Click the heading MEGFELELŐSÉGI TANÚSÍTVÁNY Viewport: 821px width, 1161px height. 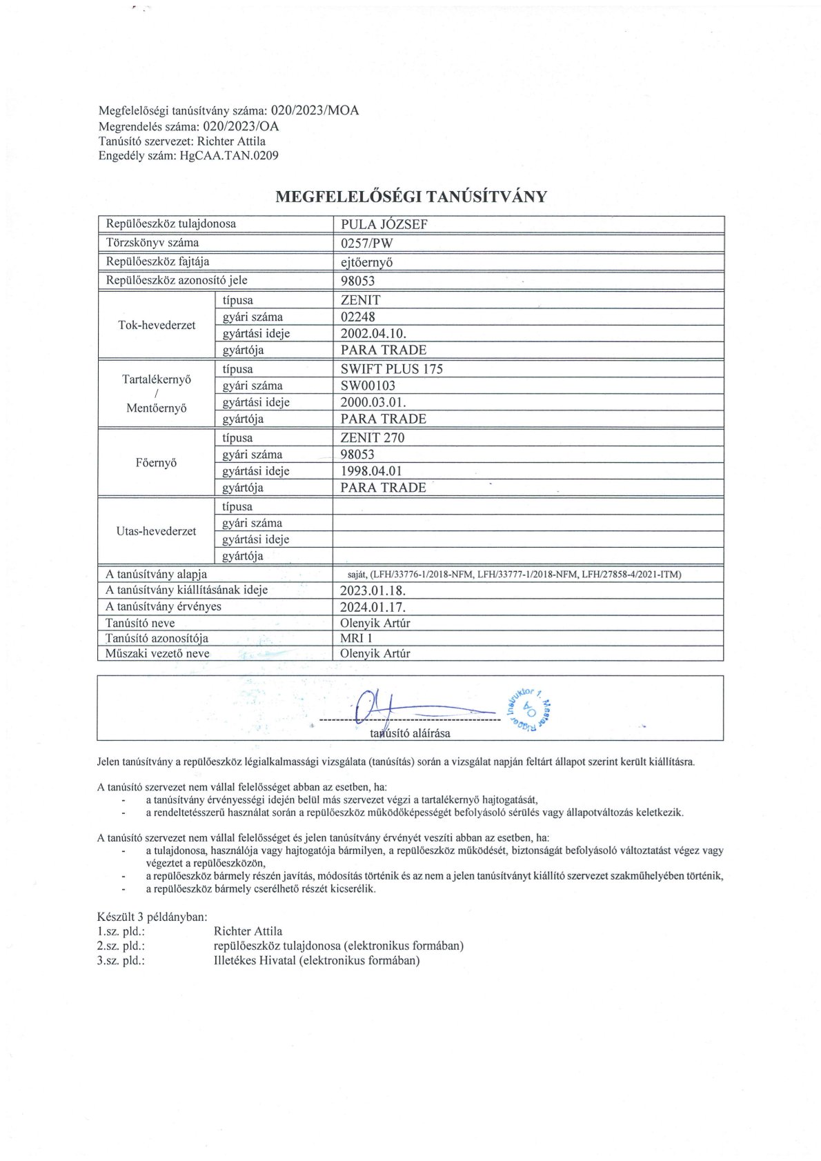410,197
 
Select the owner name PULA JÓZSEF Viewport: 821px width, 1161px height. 384,224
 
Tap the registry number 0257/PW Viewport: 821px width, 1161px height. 366,243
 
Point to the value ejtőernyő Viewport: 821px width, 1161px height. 372,262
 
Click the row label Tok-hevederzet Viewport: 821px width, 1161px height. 157,325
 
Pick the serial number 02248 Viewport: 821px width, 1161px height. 358,317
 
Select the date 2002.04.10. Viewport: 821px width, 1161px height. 373,334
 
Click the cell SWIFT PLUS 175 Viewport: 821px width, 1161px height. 391,369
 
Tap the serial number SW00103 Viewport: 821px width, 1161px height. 368,386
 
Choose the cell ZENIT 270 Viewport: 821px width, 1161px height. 372,437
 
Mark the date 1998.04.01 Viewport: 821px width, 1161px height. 371,471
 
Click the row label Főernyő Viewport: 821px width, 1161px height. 157,463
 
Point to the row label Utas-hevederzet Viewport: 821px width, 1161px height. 157,531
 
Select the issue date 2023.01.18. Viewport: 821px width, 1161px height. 373,591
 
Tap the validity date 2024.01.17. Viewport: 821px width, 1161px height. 373,607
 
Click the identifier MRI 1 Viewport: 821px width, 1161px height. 356,638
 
